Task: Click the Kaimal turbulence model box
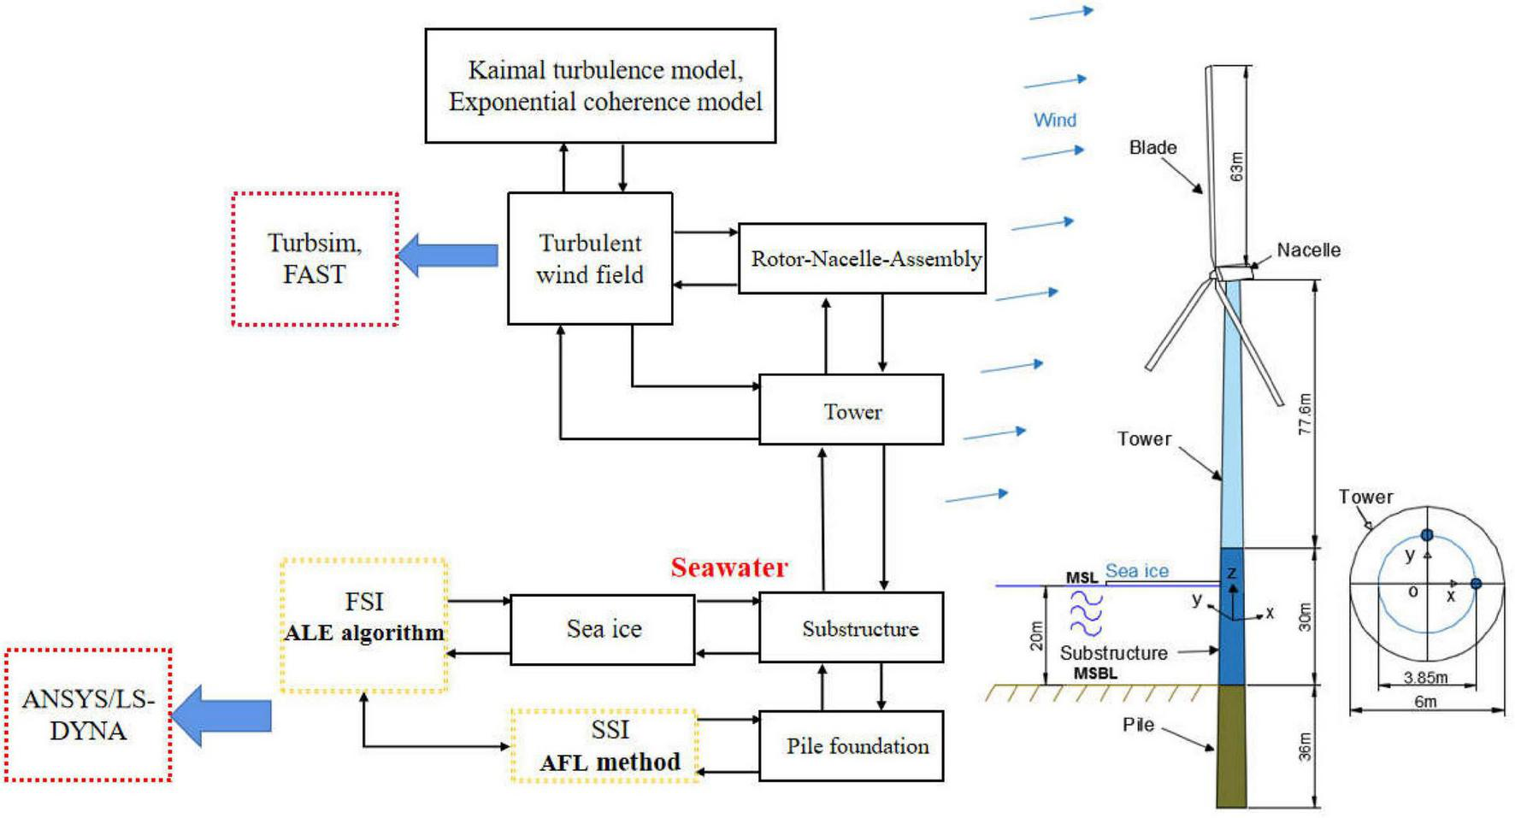(x=600, y=85)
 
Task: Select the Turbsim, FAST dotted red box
(x=315, y=258)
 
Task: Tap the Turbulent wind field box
(x=590, y=258)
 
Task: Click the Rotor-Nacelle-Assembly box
(x=862, y=258)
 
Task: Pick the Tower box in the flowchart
(x=852, y=410)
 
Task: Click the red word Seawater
(x=728, y=568)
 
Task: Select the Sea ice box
(x=603, y=629)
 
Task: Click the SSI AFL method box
(x=604, y=745)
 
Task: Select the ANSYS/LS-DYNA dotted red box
(x=88, y=715)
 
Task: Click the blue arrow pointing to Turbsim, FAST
(x=449, y=255)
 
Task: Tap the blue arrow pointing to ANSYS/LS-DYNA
(x=222, y=715)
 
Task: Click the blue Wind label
(x=1055, y=121)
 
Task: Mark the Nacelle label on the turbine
(x=1308, y=250)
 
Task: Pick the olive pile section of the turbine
(x=1231, y=745)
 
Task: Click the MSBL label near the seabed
(x=1095, y=674)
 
